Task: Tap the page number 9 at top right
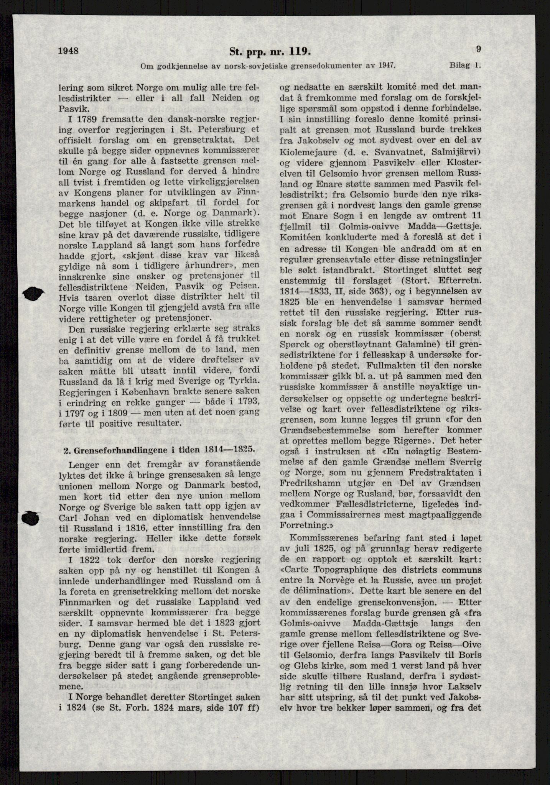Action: point(478,49)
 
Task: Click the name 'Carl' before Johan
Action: point(71,517)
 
